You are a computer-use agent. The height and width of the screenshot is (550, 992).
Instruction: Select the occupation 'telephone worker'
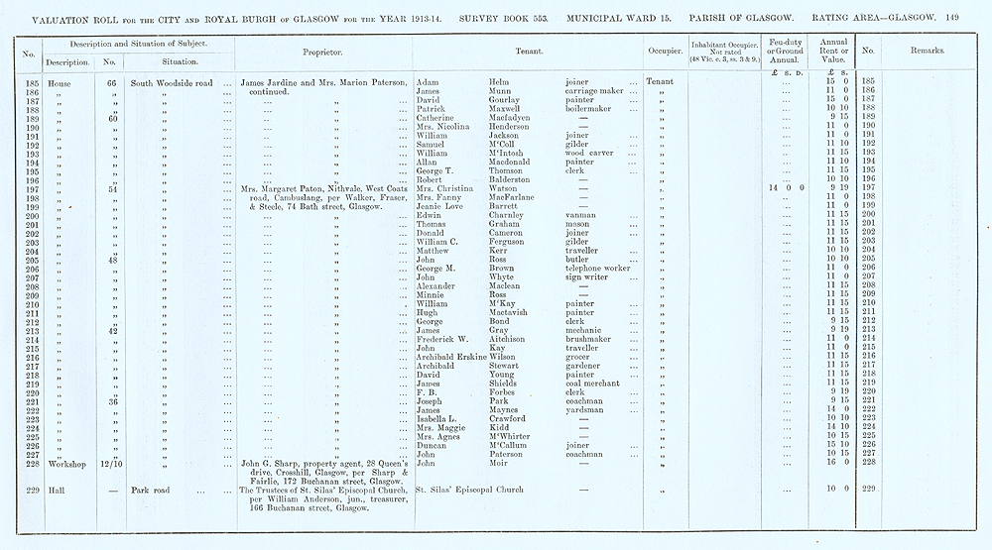[597, 269]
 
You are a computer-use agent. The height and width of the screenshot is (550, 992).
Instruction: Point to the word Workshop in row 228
[46, 463]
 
